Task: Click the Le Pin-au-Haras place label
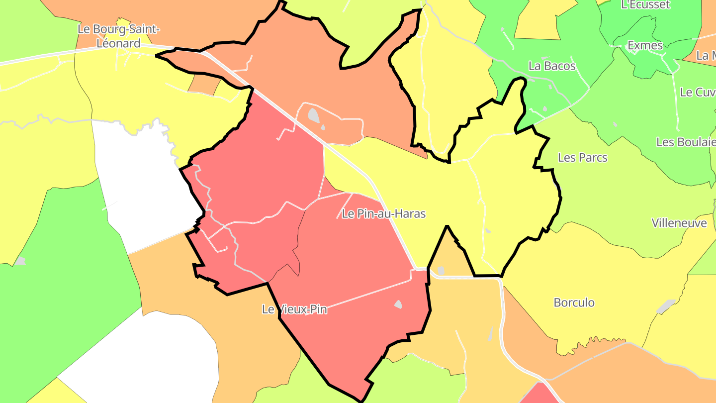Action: pyautogui.click(x=384, y=214)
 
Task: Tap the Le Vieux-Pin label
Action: pyautogui.click(x=294, y=309)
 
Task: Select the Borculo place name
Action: pyautogui.click(x=574, y=302)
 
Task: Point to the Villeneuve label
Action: pyautogui.click(x=679, y=223)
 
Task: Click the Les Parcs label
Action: pyautogui.click(x=582, y=158)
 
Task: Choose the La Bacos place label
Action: pyautogui.click(x=552, y=66)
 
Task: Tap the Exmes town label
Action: pyautogui.click(x=645, y=45)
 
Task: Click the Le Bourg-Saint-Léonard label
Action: pyautogui.click(x=118, y=36)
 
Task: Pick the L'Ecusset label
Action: pyautogui.click(x=645, y=5)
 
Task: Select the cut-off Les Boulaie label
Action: pyautogui.click(x=686, y=142)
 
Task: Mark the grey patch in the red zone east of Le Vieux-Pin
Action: pyautogui.click(x=398, y=304)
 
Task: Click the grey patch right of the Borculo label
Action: pyautogui.click(x=665, y=306)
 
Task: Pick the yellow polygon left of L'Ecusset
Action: pyautogui.click(x=539, y=20)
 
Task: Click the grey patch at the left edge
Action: pyautogui.click(x=20, y=261)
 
